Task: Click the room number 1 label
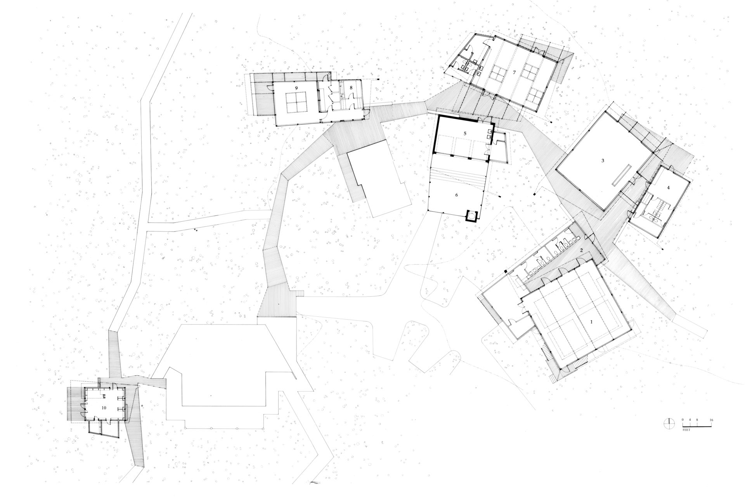(591, 322)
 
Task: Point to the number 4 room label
(668, 188)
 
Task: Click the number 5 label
(464, 133)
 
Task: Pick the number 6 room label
(457, 195)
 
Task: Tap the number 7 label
(514, 73)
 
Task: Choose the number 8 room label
(351, 88)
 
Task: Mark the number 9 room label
(296, 88)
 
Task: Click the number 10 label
(104, 408)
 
